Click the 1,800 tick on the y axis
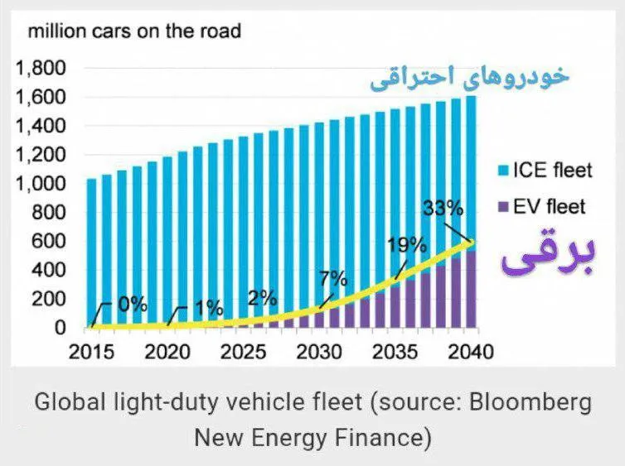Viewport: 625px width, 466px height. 41,69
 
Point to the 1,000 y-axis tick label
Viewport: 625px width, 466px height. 41,184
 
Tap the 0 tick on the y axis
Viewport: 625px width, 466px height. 60,328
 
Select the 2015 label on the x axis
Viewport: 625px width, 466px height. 91,352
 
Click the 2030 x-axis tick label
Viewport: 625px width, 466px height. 319,352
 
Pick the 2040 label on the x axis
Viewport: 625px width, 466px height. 471,352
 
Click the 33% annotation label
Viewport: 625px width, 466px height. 443,208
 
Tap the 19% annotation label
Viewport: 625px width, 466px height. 406,246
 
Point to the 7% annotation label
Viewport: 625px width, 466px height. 333,279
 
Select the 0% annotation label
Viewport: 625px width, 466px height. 133,305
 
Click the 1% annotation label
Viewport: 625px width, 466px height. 209,308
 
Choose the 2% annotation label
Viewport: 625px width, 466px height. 262,298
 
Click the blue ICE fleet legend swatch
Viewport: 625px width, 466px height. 503,171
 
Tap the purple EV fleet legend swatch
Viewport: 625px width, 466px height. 503,207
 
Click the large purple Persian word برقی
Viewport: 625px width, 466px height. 548,255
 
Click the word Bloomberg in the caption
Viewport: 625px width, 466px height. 531,403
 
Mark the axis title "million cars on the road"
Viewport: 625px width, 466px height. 135,31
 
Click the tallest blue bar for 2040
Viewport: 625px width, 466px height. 471,168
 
